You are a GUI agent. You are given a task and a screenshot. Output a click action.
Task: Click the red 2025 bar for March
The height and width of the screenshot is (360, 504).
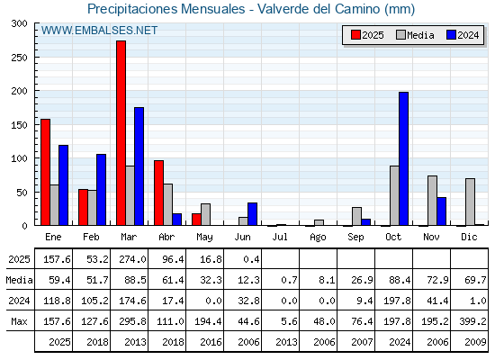[121, 133]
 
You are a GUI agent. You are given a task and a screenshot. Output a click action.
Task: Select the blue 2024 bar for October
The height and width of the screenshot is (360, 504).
[404, 158]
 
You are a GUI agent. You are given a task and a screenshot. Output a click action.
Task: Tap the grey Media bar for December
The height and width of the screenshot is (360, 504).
[470, 202]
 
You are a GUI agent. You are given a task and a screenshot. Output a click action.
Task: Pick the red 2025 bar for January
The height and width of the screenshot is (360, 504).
[46, 172]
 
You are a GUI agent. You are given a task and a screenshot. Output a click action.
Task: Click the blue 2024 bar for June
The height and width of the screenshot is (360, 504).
[252, 214]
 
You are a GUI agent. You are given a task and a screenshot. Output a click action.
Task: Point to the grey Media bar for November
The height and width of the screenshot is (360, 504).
[432, 201]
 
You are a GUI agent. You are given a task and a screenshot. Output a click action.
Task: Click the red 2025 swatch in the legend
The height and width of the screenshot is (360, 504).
[355, 35]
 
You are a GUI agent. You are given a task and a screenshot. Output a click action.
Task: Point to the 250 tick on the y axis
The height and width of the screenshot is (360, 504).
[36, 58]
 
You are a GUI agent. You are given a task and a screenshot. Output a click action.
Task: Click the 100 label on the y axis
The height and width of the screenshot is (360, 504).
[20, 158]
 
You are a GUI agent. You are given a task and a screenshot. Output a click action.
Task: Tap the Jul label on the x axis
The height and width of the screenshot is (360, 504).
[280, 238]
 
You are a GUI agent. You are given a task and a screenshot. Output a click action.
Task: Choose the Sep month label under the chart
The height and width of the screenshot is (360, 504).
[355, 238]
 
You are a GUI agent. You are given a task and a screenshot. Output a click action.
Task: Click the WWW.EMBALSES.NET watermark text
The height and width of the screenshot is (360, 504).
[99, 31]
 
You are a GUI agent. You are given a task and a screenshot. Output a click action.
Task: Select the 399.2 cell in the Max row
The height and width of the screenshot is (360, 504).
[472, 321]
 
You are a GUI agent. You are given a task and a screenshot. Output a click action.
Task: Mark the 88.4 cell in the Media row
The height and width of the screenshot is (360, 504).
[400, 280]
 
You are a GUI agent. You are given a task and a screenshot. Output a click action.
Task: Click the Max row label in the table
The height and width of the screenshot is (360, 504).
[19, 321]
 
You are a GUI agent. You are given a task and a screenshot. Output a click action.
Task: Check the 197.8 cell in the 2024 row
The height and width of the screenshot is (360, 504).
[397, 301]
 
